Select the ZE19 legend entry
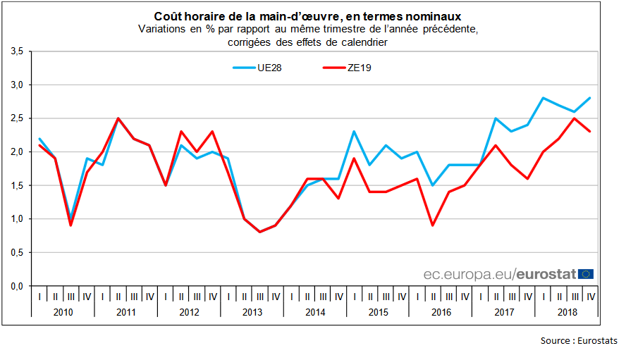point(360,68)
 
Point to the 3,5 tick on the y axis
point(18,51)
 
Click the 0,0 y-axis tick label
point(18,286)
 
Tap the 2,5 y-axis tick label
point(18,118)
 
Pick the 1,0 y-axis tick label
point(18,219)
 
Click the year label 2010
point(63,311)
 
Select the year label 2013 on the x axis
point(252,311)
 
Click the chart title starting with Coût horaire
point(309,15)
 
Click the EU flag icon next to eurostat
point(586,273)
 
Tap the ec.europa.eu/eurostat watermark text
point(499,273)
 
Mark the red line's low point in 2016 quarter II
point(433,225)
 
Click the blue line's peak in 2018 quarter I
point(543,98)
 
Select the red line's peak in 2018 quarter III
point(575,118)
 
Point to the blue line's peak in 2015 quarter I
point(354,132)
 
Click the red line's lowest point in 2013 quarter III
point(259,232)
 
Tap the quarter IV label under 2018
point(590,296)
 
